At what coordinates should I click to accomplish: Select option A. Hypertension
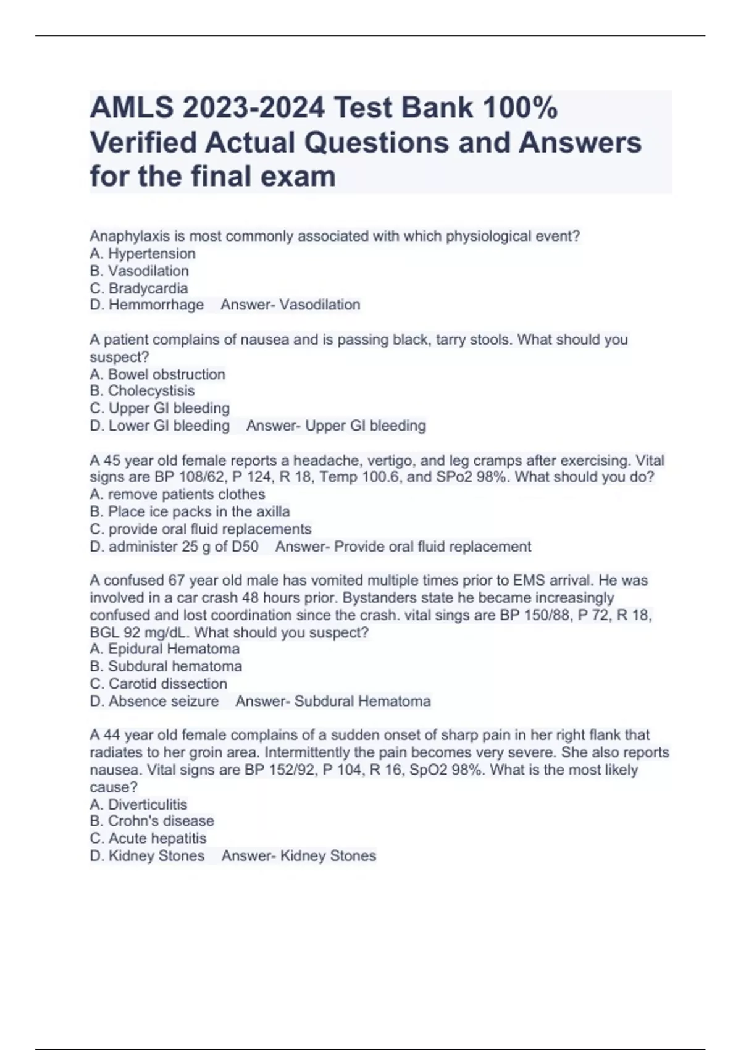[x=143, y=253]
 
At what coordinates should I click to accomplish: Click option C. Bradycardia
[x=139, y=288]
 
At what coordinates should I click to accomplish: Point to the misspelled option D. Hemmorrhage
[x=147, y=304]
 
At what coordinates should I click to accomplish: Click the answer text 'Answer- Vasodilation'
[x=290, y=304]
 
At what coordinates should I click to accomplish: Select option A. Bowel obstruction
[x=157, y=374]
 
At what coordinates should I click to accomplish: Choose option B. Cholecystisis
[x=142, y=391]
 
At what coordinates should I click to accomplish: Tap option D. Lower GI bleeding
[x=159, y=426]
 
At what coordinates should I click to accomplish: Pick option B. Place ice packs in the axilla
[x=190, y=511]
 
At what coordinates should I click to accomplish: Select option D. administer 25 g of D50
[x=174, y=547]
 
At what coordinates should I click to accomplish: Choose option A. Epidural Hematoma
[x=164, y=649]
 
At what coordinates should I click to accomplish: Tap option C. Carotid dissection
[x=159, y=684]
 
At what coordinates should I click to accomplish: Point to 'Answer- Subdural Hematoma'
[x=333, y=701]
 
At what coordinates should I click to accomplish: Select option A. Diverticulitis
[x=138, y=804]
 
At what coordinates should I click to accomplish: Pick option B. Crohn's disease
[x=152, y=821]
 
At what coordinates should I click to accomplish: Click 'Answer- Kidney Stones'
[x=299, y=855]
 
